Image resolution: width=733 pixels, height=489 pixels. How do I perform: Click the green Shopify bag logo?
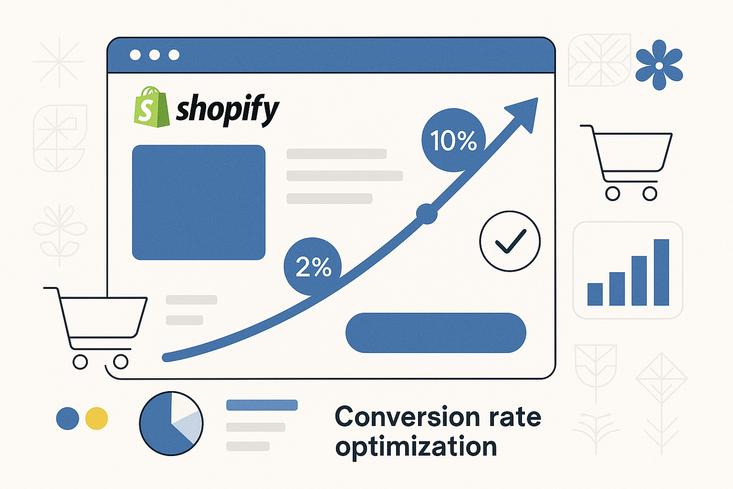point(151,108)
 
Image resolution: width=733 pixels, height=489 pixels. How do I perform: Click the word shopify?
point(227,109)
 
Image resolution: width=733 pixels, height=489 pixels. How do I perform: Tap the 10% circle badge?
point(453,140)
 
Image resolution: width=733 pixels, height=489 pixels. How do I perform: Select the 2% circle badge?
point(313,266)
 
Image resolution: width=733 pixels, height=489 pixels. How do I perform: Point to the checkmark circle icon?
point(510,241)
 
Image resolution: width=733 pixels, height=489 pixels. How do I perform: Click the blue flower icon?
point(659,65)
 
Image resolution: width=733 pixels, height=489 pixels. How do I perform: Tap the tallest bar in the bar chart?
point(661,272)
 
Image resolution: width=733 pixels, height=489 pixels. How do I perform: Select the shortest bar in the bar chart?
point(595,294)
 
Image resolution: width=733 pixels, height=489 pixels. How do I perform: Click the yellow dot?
point(96,418)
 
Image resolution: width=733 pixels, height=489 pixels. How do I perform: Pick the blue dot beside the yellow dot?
point(68,418)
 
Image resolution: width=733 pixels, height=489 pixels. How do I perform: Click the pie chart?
point(171,423)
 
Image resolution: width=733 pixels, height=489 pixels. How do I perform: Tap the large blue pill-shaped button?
point(435,333)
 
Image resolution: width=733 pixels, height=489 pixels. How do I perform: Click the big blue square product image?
point(199,202)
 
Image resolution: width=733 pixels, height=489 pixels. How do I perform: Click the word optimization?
point(416,446)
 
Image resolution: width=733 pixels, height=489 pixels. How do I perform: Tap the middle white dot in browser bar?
point(154,55)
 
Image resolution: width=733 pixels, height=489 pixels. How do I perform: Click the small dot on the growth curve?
point(427,214)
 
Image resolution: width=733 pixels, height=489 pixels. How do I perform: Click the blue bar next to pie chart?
point(262,405)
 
